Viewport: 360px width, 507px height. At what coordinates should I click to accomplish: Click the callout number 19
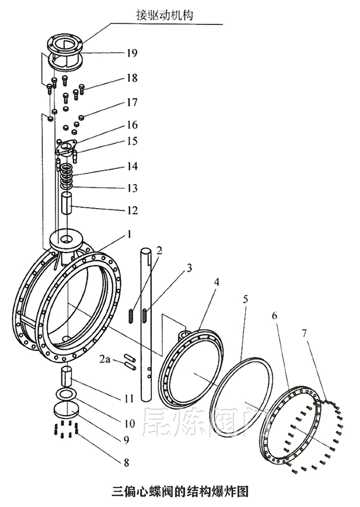(131, 53)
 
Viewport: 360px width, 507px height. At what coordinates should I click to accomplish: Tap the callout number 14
(131, 167)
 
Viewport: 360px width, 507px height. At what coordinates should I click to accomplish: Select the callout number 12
(131, 211)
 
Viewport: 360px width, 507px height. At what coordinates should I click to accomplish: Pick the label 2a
(105, 360)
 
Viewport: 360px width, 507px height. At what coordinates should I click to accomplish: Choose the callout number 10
(130, 424)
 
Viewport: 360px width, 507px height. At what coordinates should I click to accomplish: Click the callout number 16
(131, 125)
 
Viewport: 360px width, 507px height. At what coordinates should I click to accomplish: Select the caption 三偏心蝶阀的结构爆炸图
(179, 491)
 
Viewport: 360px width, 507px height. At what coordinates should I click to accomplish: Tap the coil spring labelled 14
(68, 176)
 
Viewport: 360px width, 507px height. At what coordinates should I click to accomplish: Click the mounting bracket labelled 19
(65, 51)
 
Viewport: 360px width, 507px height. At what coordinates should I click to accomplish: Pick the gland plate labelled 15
(66, 148)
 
